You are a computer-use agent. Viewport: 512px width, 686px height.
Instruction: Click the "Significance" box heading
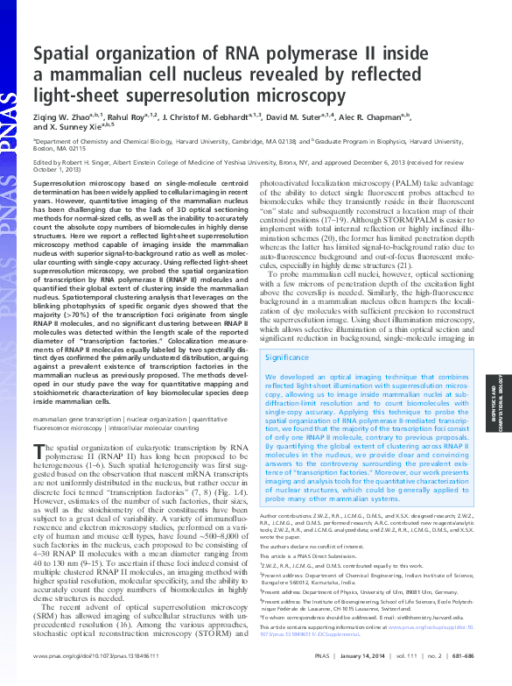(x=286, y=357)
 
